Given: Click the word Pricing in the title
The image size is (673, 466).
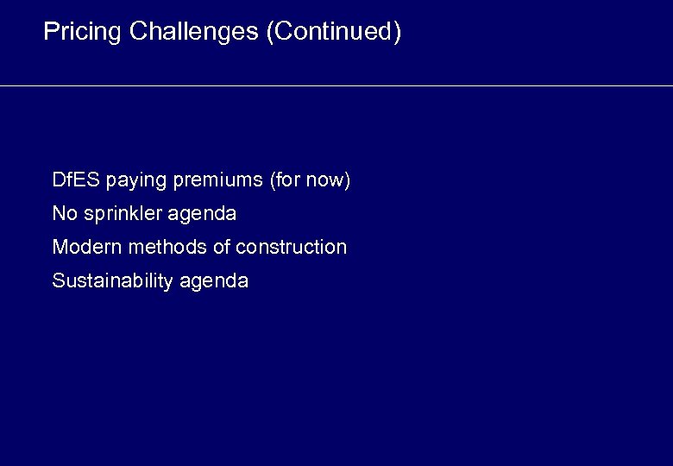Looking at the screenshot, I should (83, 32).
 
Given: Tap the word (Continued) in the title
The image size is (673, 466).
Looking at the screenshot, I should (334, 32).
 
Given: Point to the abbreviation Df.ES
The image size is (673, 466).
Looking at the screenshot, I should (76, 180).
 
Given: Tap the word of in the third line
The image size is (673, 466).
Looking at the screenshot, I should (221, 247).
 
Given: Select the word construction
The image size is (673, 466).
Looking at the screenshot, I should (291, 247).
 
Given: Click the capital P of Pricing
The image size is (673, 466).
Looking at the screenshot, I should (50, 32).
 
